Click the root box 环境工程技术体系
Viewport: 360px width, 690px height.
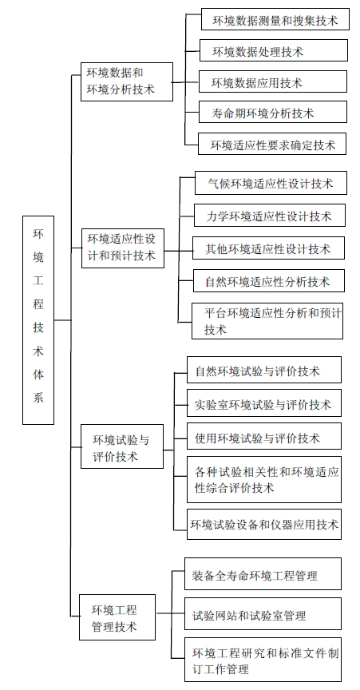(38, 320)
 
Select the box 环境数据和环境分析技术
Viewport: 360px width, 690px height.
(127, 81)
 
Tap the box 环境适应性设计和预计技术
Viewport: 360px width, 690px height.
(123, 248)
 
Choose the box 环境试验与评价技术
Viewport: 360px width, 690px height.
(122, 446)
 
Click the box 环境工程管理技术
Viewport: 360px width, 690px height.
(117, 617)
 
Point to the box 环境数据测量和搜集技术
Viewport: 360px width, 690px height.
(275, 19)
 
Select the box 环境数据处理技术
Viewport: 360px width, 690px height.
(273, 50)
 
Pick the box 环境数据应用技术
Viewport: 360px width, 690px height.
(273, 81)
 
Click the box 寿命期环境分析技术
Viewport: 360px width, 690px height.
(273, 112)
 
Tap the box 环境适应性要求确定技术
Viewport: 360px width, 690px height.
(272, 144)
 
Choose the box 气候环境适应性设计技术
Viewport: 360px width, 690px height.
(271, 183)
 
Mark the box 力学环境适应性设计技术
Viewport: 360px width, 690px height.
(270, 215)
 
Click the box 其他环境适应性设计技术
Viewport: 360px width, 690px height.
(268, 248)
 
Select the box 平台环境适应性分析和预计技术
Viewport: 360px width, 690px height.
(267, 321)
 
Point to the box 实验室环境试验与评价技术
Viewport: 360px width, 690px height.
(264, 402)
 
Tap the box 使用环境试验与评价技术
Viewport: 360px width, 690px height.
(264, 437)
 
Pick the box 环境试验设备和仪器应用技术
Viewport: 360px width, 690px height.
(264, 524)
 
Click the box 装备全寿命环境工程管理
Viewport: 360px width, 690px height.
(263, 574)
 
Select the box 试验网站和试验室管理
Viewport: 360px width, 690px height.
(263, 613)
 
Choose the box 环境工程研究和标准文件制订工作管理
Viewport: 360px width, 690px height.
(263, 659)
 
